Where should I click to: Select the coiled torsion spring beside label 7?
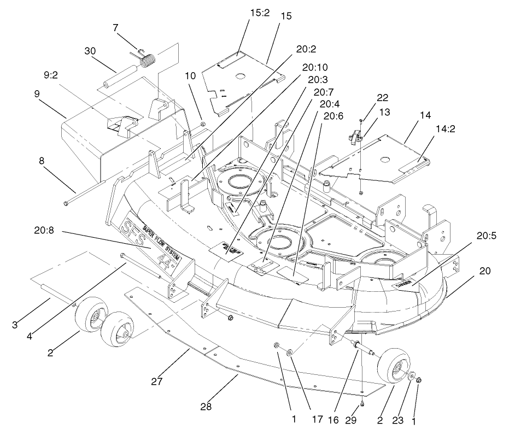(x=148, y=59)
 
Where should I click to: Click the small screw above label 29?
(x=362, y=403)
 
